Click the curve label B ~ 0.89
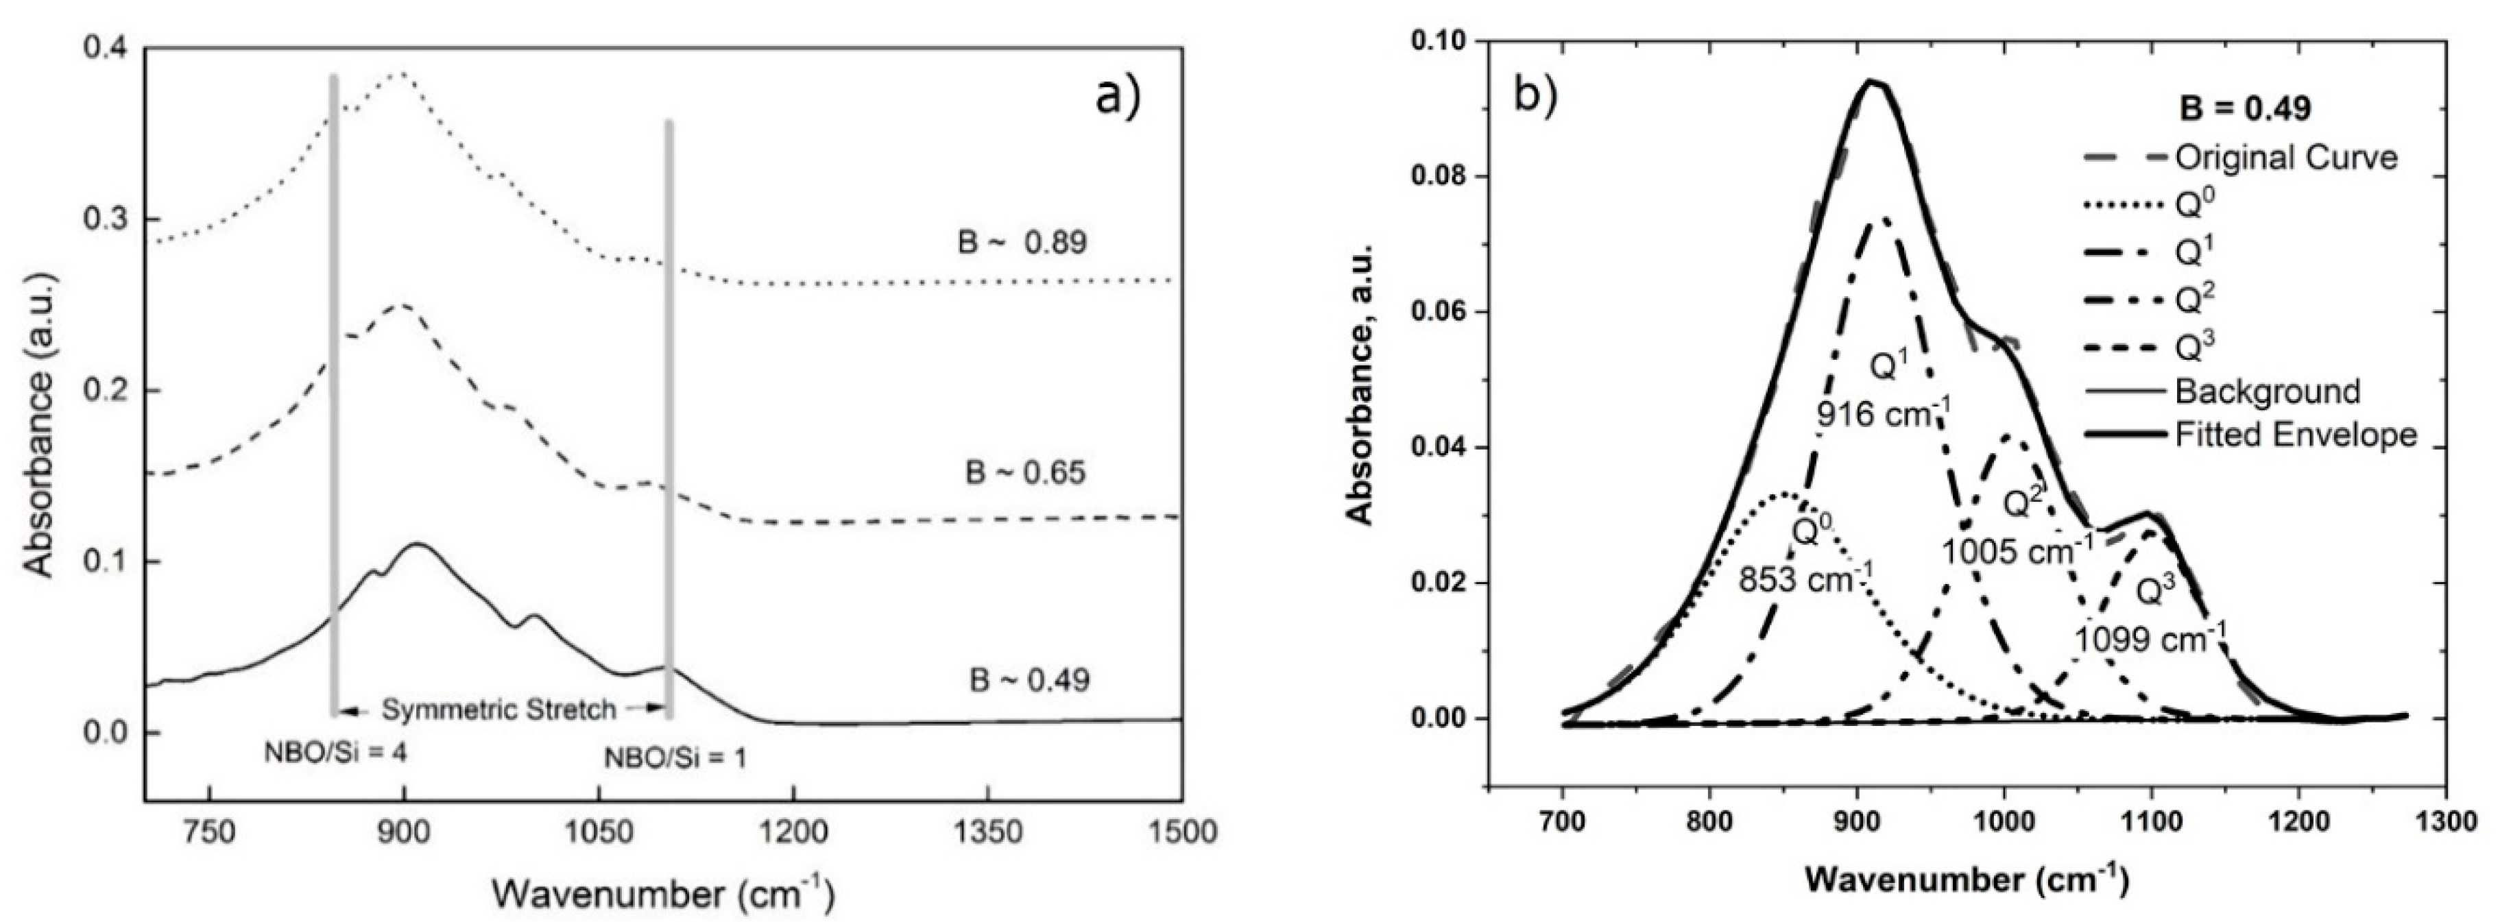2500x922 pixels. point(1022,242)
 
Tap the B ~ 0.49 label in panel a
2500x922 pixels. point(1030,679)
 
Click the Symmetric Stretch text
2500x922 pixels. point(499,709)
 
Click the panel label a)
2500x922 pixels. point(1118,96)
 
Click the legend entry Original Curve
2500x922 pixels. point(2285,157)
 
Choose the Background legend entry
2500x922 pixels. point(2266,391)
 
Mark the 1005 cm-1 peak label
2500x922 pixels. point(2017,551)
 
